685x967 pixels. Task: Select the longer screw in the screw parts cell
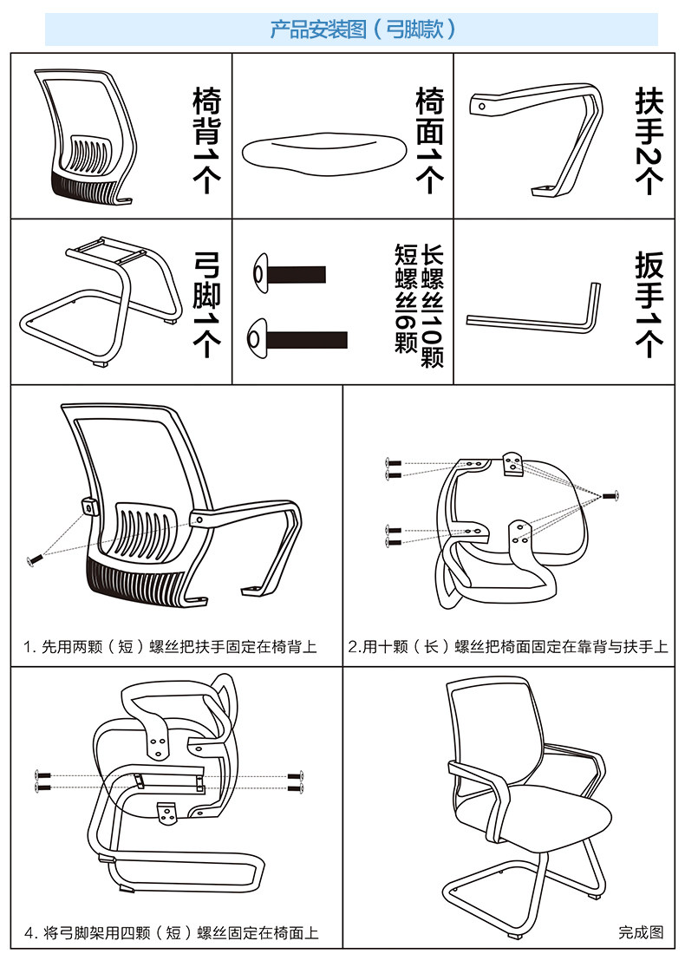click(x=298, y=338)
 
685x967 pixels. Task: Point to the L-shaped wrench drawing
click(x=537, y=312)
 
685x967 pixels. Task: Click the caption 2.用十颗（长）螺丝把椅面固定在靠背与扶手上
click(x=508, y=647)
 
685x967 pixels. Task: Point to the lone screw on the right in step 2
click(x=610, y=495)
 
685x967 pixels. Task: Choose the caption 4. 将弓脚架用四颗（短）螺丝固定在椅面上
click(x=171, y=933)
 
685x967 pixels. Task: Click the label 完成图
click(x=641, y=932)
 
